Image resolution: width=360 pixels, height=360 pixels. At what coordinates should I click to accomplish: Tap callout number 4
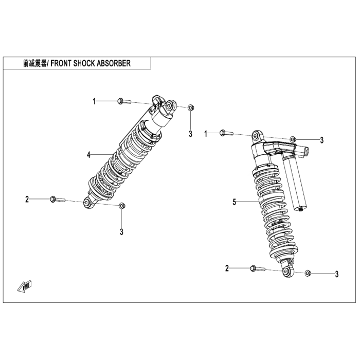(89, 154)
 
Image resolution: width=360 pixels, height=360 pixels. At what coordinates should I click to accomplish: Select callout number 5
(235, 202)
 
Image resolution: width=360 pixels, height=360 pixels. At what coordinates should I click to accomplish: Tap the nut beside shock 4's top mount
(190, 107)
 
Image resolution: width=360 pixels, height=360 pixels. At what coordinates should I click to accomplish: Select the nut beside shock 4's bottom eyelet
(122, 206)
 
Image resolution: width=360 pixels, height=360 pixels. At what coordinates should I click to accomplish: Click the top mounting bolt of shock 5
(225, 134)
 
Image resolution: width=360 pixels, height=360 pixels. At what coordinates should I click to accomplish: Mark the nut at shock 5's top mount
(293, 139)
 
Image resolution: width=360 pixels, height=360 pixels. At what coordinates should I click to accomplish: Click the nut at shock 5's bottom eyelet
(308, 273)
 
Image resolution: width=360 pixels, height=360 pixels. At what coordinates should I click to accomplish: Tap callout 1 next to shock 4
(94, 101)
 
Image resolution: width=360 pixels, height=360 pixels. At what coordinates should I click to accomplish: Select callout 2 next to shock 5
(227, 268)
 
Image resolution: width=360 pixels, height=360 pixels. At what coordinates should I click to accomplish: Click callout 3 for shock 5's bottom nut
(336, 274)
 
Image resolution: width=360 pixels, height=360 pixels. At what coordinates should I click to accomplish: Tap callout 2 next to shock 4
(27, 199)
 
